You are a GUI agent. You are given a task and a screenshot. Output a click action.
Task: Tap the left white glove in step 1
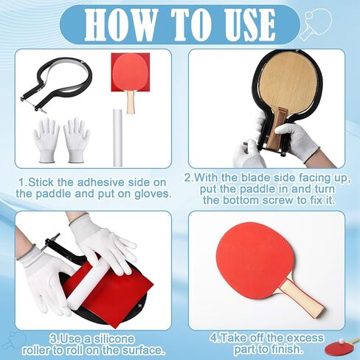pyautogui.click(x=46, y=140)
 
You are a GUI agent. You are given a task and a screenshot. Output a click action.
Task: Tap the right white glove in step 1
pyautogui.click(x=77, y=140)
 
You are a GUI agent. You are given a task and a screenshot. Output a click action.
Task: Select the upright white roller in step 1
pyautogui.click(x=117, y=138)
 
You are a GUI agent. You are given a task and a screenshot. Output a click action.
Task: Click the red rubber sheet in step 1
pyautogui.click(x=131, y=72)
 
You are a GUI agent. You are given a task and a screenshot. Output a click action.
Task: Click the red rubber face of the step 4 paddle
pyautogui.click(x=255, y=261)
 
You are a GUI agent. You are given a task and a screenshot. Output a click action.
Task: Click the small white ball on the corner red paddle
pyautogui.click(x=341, y=342)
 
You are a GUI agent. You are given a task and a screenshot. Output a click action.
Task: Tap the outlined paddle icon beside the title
pyautogui.click(x=316, y=24)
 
